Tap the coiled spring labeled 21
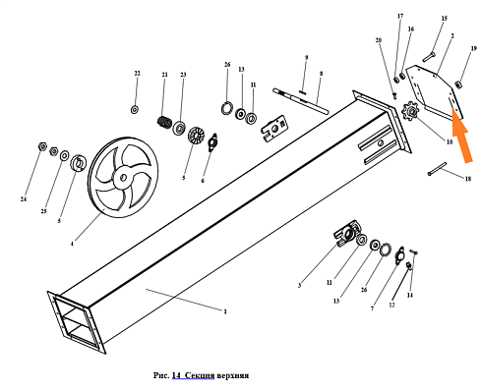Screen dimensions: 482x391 164,122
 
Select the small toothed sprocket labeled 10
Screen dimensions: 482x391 410,112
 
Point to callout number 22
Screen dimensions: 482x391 137,74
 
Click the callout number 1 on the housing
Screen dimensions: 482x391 225,311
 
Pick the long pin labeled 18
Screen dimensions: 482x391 437,169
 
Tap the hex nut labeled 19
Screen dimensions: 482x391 458,84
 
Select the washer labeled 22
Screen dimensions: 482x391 135,110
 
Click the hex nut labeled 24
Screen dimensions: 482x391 42,146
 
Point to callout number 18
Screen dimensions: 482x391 468,179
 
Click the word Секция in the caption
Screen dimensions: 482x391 200,375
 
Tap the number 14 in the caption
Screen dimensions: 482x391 176,374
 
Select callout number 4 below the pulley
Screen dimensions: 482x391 72,244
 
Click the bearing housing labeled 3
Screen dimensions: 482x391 347,233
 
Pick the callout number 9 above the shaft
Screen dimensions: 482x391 306,58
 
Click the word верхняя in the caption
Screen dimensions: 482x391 233,375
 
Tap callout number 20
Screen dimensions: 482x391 379,40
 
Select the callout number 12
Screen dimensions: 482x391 392,305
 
